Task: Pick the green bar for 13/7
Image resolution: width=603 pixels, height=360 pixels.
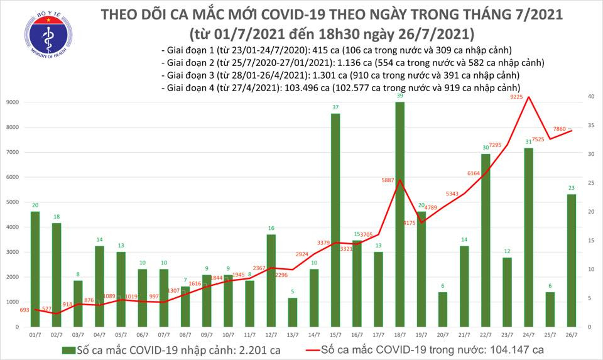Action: [x=292, y=312]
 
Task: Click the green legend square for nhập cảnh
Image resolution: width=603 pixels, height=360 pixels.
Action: [x=67, y=349]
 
